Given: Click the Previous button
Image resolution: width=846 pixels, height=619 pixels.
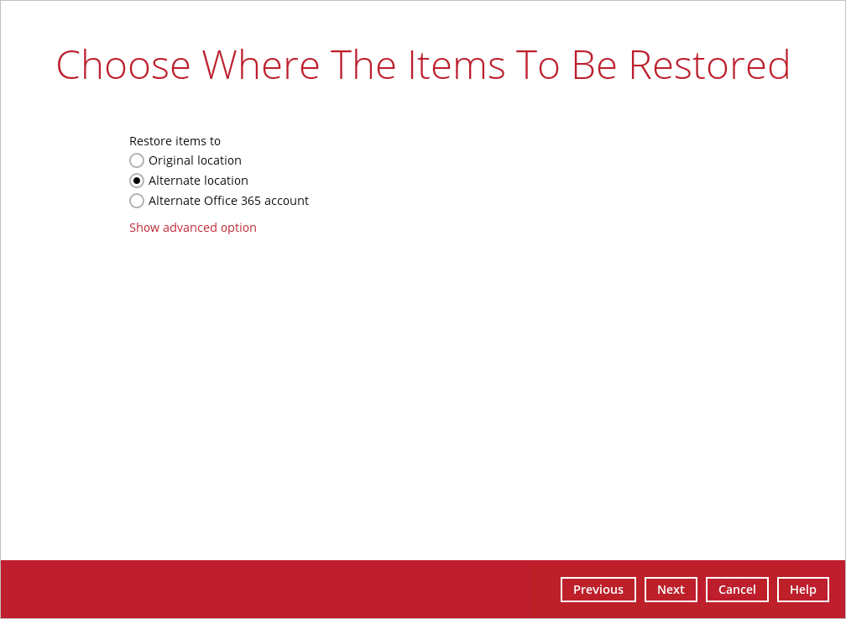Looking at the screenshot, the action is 598,590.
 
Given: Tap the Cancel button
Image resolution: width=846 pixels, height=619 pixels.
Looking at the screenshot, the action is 737,590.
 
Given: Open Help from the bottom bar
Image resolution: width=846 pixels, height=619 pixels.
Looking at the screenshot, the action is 803,590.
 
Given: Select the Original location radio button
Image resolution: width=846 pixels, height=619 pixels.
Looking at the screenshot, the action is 137,160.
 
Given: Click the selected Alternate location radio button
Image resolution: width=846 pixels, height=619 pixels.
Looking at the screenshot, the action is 137,181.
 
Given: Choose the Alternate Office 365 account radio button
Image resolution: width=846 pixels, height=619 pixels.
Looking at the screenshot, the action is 137,201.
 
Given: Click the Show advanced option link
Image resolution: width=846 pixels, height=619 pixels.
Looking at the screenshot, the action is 193,228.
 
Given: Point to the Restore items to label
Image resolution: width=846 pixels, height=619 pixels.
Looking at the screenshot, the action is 175,141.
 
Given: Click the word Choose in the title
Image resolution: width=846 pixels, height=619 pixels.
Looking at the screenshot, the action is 123,65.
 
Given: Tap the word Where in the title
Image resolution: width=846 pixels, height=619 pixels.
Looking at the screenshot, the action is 260,65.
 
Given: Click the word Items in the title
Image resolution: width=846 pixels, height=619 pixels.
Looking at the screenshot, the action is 457,65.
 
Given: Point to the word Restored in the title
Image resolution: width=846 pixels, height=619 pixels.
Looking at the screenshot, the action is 709,65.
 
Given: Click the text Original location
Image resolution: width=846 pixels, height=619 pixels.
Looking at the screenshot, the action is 195,160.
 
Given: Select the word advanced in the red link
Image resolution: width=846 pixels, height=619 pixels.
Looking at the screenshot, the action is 190,228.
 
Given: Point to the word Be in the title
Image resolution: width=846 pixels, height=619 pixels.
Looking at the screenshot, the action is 593,65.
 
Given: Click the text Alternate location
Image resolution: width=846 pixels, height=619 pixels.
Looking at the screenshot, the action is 198,181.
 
